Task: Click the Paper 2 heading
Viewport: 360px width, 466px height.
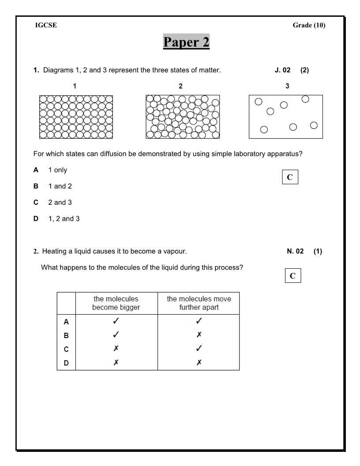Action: click(x=186, y=42)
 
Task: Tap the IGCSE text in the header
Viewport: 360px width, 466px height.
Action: click(x=46, y=25)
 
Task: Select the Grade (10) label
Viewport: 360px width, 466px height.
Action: click(x=309, y=25)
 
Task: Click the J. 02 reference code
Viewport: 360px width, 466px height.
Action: click(x=282, y=70)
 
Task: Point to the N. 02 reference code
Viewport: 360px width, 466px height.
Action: click(x=295, y=251)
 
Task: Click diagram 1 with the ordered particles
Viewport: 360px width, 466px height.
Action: click(x=75, y=117)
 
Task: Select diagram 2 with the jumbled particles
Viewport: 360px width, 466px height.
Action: click(x=182, y=117)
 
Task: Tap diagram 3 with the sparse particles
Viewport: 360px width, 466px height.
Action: click(x=285, y=117)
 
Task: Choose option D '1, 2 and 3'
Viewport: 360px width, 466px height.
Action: click(x=64, y=218)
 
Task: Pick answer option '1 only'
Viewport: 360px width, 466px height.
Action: click(x=57, y=170)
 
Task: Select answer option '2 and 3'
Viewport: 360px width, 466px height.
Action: click(x=60, y=202)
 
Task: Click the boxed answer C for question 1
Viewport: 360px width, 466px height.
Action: click(x=290, y=177)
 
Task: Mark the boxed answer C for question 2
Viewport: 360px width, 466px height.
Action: click(x=292, y=276)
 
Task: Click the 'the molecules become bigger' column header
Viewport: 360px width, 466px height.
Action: click(x=116, y=303)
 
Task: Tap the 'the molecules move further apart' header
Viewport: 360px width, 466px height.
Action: click(x=199, y=303)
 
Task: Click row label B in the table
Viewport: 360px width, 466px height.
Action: click(x=66, y=335)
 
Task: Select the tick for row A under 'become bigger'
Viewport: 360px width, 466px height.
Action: click(x=116, y=321)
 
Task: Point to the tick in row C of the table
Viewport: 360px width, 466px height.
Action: click(x=199, y=349)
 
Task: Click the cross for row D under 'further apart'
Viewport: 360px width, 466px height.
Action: click(x=199, y=363)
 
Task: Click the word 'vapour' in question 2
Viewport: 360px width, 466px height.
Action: click(x=175, y=251)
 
